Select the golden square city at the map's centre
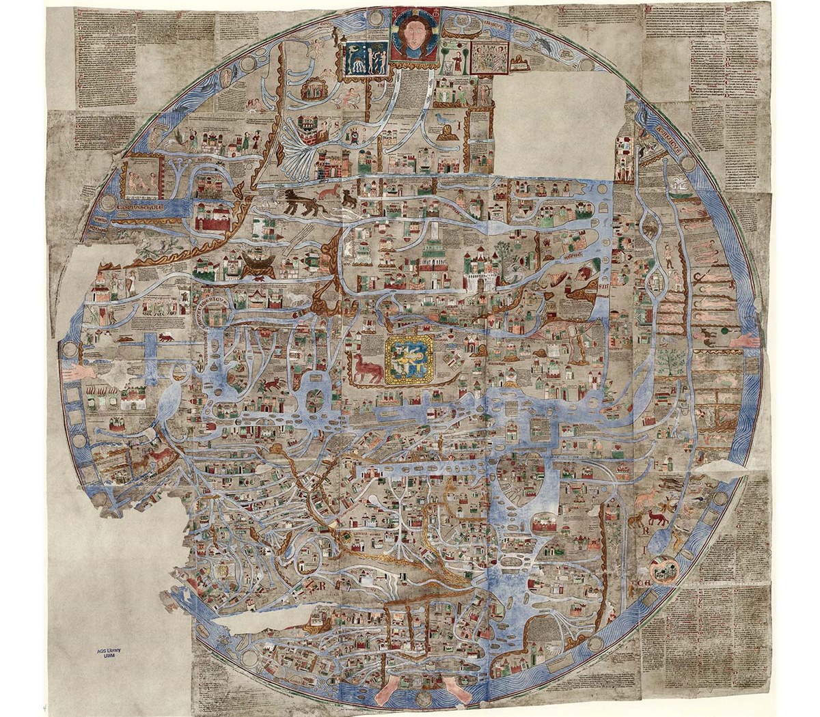(409, 358)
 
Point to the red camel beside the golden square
(366, 368)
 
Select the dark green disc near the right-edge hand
(722, 333)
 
